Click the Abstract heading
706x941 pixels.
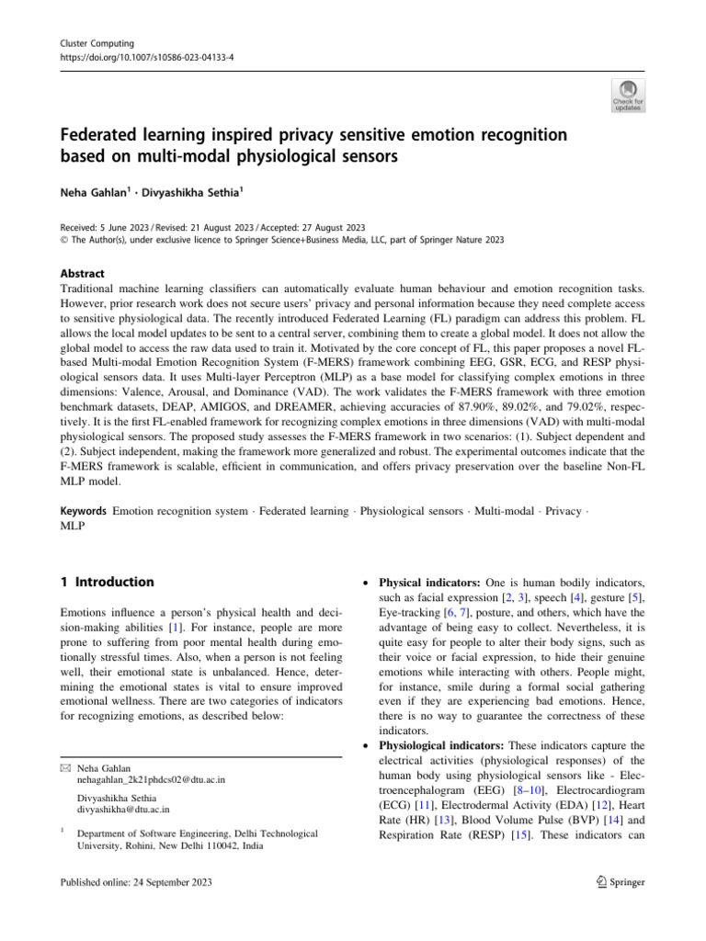tap(82, 273)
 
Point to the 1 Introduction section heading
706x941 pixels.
tap(107, 582)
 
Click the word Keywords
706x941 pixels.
tap(83, 510)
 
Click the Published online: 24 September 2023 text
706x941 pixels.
tap(136, 882)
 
